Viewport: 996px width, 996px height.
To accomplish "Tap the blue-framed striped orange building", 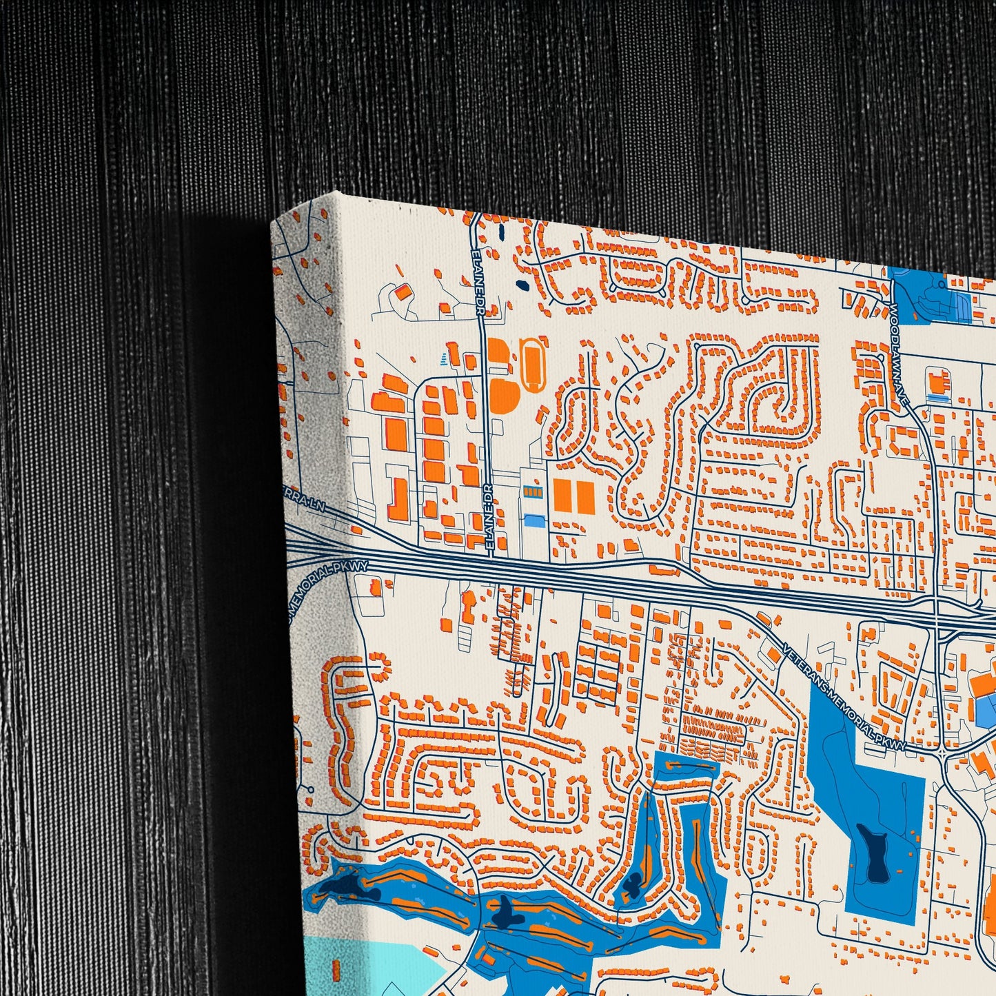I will (533, 491).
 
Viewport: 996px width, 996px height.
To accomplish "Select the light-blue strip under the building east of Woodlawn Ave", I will (937, 398).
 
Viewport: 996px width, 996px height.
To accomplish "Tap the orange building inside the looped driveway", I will (402, 292).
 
